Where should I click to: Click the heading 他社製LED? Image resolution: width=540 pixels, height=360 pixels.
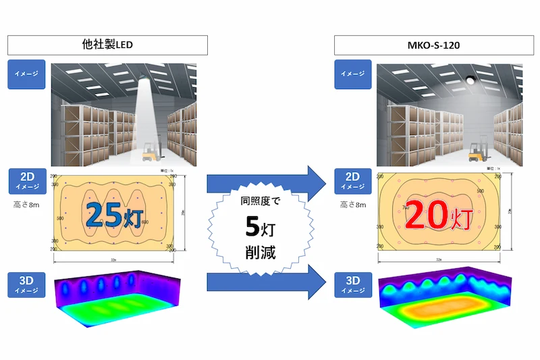click(x=107, y=45)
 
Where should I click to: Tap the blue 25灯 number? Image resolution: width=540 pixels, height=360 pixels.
click(x=114, y=214)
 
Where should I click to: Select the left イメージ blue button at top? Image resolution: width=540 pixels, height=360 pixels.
click(x=26, y=74)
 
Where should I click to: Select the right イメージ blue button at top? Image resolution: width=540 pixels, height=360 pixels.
click(x=352, y=74)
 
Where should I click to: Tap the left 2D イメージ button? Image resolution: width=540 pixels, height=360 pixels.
click(x=26, y=181)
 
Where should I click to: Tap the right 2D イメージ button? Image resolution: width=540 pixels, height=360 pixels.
click(x=352, y=181)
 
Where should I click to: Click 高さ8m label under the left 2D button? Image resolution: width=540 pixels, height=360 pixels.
click(x=28, y=203)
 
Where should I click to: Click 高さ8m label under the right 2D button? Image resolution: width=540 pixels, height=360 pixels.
click(x=352, y=203)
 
